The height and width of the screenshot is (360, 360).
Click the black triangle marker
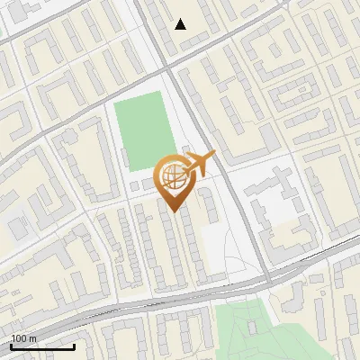pyautogui.click(x=181, y=24)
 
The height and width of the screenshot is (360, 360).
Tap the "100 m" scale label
pyautogui.click(x=23, y=338)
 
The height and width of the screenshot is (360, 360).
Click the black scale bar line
pyautogui.click(x=42, y=346)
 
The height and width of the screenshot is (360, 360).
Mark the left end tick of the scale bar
pyautogui.click(x=12, y=346)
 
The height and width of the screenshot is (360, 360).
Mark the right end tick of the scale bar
pyautogui.click(x=74, y=346)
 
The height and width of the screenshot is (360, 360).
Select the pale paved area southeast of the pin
pyautogui.click(x=220, y=238)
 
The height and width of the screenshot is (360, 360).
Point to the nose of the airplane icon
pyautogui.click(x=214, y=155)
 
